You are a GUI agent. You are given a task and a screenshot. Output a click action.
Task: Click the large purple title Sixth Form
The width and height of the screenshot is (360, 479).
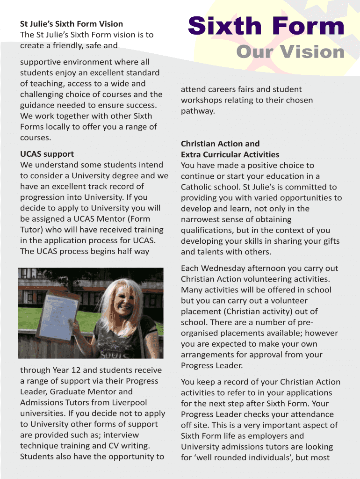coord(266,27)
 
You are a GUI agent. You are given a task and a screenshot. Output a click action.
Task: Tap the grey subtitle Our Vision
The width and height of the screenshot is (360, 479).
coord(290,52)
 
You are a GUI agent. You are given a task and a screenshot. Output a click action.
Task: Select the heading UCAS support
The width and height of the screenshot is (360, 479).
coord(47,154)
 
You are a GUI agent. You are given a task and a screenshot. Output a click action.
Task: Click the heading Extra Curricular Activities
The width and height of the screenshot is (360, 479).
coord(230,154)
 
